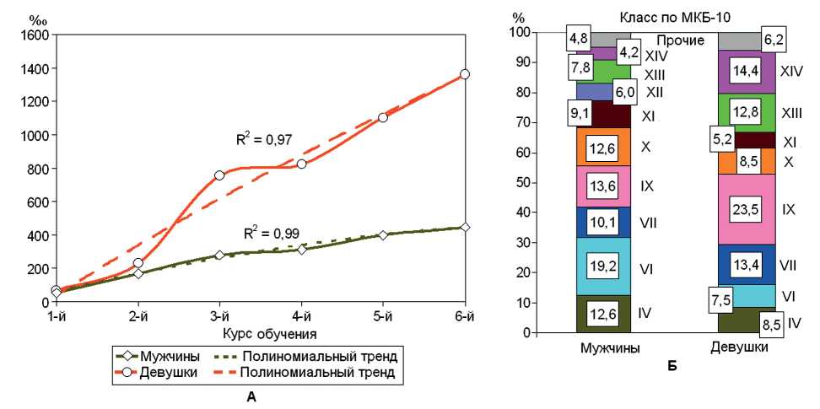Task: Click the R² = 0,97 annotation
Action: tap(264, 138)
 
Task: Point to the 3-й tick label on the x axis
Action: tap(219, 319)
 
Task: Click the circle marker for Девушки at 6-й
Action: tap(465, 74)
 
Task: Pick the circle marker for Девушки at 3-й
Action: tap(219, 175)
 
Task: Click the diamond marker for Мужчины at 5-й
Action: tap(383, 234)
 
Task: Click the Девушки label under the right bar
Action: tap(743, 347)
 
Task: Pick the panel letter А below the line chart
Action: tap(251, 396)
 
